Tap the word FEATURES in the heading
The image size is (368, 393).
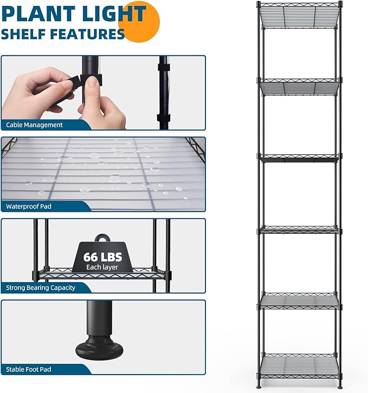pos(92,34)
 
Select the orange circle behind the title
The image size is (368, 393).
pos(142,21)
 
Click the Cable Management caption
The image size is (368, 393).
pos(35,125)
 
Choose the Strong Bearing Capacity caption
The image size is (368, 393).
pos(41,287)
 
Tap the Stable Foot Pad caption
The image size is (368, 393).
pos(29,369)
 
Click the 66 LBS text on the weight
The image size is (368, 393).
pos(102,257)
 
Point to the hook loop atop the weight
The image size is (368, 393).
pos(101,239)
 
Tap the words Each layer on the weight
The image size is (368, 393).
pos(102,267)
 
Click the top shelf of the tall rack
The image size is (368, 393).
pos(299,16)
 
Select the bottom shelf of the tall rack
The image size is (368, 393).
pos(299,365)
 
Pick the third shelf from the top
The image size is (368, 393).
pos(299,158)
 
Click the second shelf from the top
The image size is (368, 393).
pos(299,87)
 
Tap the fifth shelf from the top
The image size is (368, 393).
pos(299,301)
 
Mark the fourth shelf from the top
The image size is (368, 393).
pos(299,230)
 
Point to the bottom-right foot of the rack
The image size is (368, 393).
pos(340,385)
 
